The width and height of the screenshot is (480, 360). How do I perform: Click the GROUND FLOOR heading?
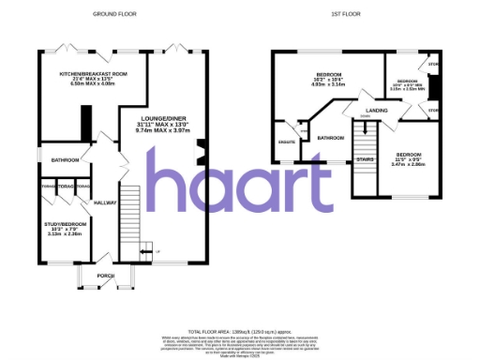coord(112,15)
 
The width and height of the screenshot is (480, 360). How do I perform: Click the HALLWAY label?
coord(104,202)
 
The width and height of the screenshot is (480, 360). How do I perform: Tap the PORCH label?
coord(105,276)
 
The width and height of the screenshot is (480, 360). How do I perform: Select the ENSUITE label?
coord(288,142)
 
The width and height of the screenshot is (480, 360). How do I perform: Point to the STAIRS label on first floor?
coord(365,160)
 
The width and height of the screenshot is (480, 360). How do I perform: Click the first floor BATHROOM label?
coord(330,138)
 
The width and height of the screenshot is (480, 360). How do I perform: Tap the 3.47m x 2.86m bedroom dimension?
coord(410,164)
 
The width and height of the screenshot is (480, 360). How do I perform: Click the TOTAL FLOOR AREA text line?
coord(239,334)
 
